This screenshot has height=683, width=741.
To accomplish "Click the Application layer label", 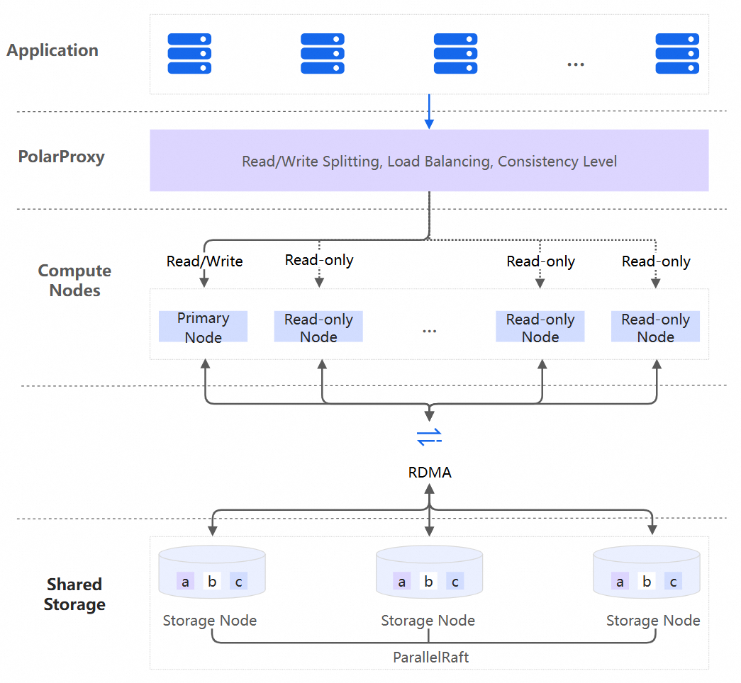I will (52, 50).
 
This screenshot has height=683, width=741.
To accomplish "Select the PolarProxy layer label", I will (61, 157).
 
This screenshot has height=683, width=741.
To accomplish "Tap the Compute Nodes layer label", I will (74, 281).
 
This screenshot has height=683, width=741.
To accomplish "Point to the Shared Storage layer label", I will (74, 594).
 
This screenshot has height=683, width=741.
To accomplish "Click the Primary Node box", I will (203, 327).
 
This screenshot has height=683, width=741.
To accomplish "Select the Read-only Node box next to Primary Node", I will (318, 328).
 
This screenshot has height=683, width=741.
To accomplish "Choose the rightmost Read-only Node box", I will (655, 328).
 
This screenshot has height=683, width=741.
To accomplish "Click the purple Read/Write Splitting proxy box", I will (429, 161).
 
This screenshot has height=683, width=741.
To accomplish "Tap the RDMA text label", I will (430, 473).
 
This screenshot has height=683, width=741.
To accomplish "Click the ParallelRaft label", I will (431, 657).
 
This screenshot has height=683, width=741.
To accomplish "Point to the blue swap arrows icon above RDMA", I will (429, 436).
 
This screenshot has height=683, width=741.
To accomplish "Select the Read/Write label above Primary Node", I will (204, 261).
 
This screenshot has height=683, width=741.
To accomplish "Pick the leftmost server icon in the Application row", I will (189, 54).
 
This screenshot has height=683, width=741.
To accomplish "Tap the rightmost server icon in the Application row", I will (677, 54).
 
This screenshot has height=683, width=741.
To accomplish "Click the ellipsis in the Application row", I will (575, 64).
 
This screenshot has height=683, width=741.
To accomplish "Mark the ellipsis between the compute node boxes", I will (429, 331).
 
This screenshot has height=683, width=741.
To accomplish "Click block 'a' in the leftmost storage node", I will (186, 582).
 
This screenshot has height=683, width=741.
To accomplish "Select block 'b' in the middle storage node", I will (428, 582).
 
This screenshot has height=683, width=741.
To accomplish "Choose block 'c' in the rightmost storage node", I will (673, 582).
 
